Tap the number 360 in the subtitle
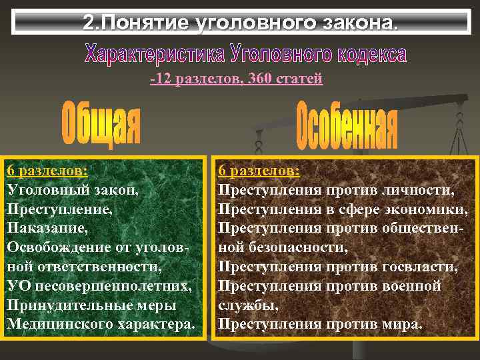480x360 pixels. pyautogui.click(x=259, y=79)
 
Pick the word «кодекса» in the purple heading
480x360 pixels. pyautogui.click(x=366, y=53)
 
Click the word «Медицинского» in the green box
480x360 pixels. pyautogui.click(x=59, y=325)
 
